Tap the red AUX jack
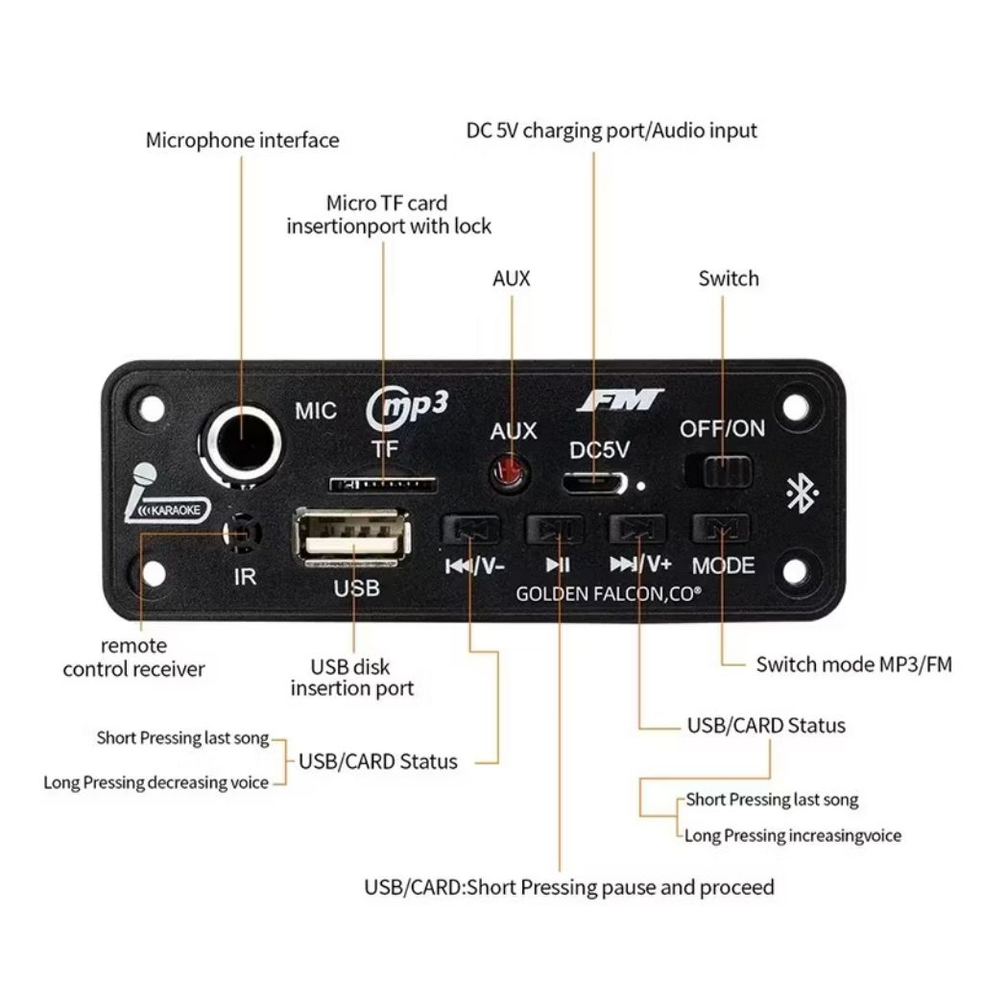510,472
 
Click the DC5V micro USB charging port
593,483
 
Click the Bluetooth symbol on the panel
802,493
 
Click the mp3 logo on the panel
408,405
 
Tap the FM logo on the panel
620,398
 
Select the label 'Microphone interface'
242,140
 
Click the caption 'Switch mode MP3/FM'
853,664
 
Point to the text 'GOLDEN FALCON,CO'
608,594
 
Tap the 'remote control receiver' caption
133,658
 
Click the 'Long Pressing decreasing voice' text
156,782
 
